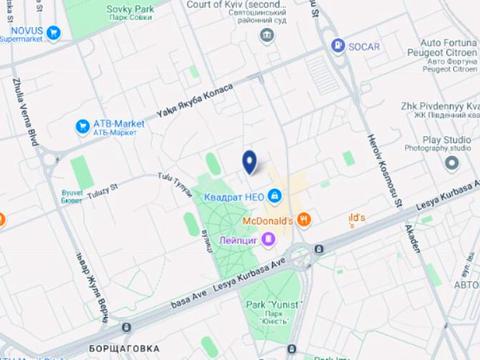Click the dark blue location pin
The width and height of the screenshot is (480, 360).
pyautogui.click(x=249, y=161)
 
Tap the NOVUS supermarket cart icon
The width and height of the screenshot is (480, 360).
pyautogui.click(x=53, y=32)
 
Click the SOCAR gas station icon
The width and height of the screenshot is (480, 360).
pyautogui.click(x=338, y=46)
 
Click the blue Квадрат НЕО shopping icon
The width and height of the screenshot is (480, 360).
pyautogui.click(x=274, y=197)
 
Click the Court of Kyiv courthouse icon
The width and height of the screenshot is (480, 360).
pyautogui.click(x=267, y=36)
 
